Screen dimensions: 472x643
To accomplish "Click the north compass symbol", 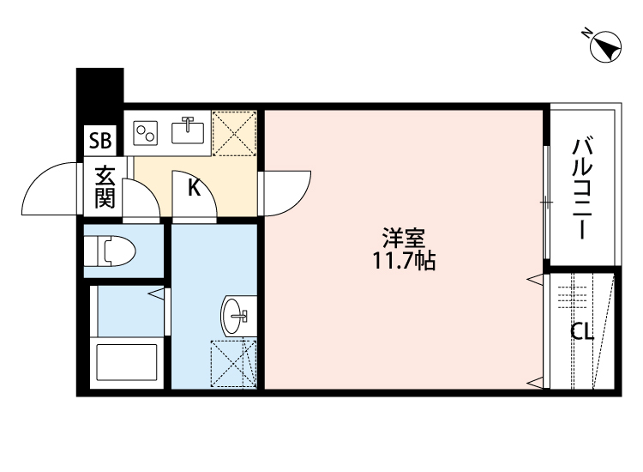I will [605, 48].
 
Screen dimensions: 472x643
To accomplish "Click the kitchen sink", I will [189, 131].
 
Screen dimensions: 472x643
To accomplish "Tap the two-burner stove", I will [147, 132].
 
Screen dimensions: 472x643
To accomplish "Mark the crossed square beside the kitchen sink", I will [234, 132].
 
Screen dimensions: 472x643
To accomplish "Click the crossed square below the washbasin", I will [234, 364].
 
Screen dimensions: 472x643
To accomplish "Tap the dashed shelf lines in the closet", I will [569, 297].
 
